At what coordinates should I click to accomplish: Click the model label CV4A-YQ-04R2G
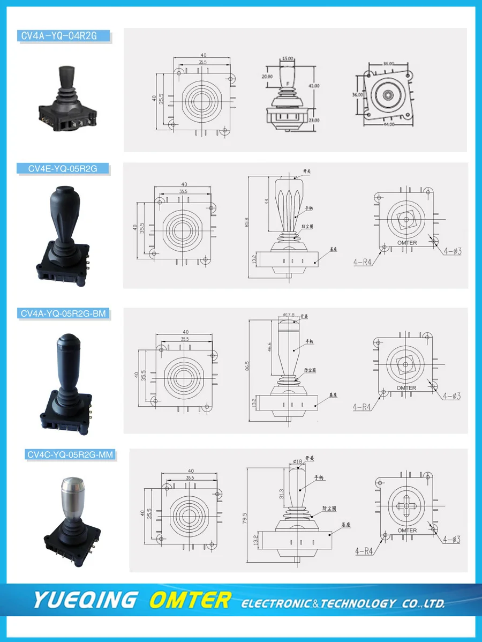(64, 36)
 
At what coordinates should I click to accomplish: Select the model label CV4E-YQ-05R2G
(63, 169)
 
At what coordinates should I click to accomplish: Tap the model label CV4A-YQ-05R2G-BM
(63, 313)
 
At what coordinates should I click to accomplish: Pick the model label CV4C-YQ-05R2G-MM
(70, 455)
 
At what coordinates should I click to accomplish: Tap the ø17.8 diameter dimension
(289, 315)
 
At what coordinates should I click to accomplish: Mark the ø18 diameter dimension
(298, 460)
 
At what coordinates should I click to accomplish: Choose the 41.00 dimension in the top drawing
(314, 86)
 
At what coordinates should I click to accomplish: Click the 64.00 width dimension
(388, 124)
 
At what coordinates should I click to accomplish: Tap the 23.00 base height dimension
(314, 120)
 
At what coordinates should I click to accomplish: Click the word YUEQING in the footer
(86, 600)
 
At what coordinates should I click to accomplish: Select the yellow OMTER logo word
(190, 600)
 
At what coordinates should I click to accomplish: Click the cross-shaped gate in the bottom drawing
(407, 505)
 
